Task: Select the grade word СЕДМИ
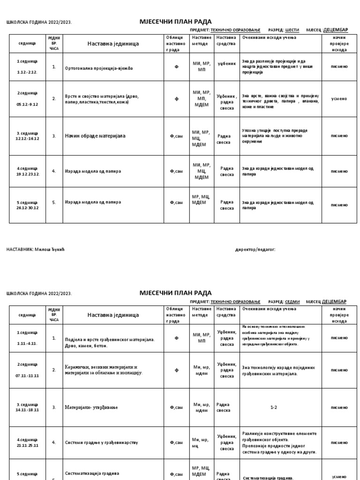292,302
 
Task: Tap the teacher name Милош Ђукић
49,249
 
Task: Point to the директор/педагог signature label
255,249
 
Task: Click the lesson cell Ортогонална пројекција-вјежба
99,68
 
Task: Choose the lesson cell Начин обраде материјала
95,136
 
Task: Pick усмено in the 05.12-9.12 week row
339,99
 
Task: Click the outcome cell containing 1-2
274,407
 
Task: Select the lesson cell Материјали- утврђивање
91,407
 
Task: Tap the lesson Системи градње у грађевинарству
101,442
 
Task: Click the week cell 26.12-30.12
28,205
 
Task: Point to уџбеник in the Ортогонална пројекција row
227,63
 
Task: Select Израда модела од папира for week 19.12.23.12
93,171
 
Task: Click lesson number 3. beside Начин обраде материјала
54,136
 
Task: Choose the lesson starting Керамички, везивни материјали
103,370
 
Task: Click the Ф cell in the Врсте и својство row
177,99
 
